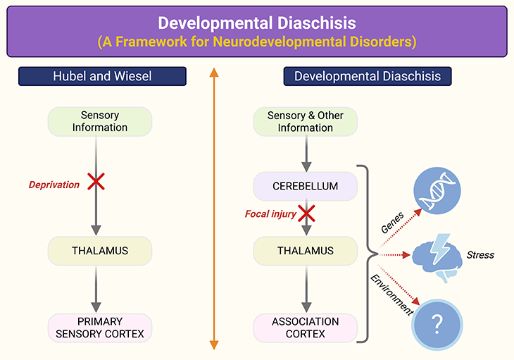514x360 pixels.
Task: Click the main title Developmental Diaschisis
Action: click(x=256, y=23)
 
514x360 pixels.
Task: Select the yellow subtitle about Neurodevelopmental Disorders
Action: click(x=256, y=42)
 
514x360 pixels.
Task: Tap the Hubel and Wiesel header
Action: click(x=102, y=76)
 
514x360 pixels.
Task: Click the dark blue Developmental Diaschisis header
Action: click(x=367, y=76)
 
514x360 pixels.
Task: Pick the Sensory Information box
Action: click(x=99, y=121)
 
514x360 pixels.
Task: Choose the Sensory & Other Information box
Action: click(x=305, y=121)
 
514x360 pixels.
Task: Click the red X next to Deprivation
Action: click(x=96, y=182)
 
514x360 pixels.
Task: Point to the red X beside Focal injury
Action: click(x=306, y=212)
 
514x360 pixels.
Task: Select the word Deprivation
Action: click(x=54, y=185)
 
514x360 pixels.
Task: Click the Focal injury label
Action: click(x=270, y=213)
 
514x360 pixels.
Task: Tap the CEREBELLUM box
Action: click(x=305, y=187)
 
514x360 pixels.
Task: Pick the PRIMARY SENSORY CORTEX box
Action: click(x=99, y=328)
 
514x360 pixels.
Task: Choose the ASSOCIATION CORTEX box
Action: click(x=305, y=328)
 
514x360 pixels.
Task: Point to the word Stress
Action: click(x=481, y=254)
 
